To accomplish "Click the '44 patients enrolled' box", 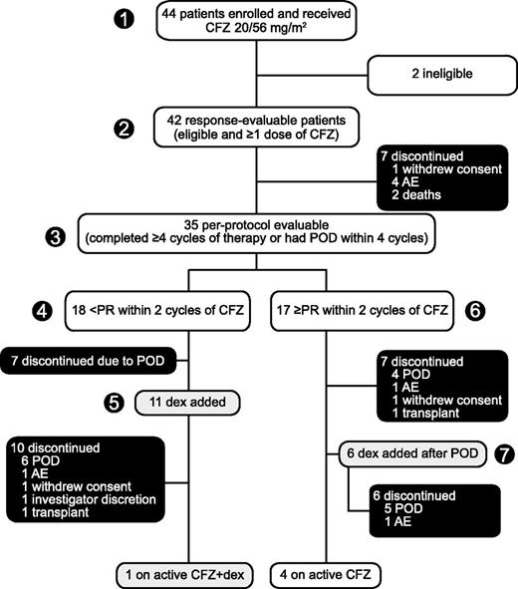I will [258, 20].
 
